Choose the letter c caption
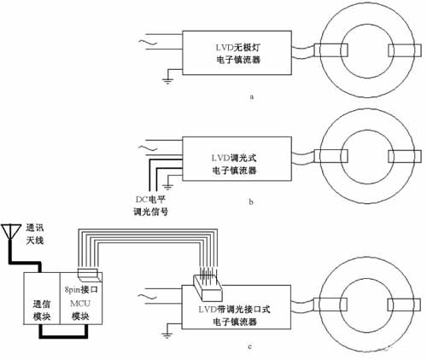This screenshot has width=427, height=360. [x=249, y=347]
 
